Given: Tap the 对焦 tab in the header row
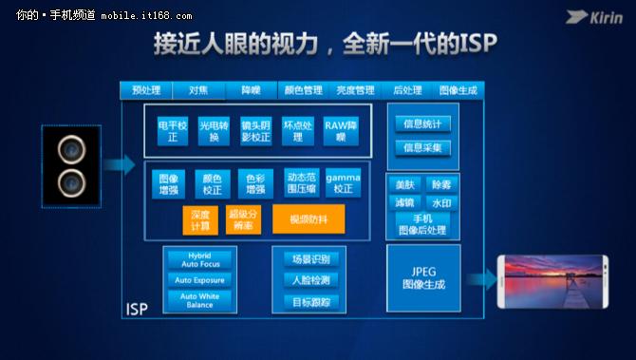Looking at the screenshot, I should click(x=198, y=90).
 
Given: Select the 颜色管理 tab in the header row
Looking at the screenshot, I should click(x=303, y=90).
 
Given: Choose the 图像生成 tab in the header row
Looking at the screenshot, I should click(x=459, y=90).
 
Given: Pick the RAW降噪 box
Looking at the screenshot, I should click(x=341, y=131).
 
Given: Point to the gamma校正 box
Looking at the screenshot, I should click(x=343, y=183).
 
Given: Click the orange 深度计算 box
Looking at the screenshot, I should click(x=199, y=219).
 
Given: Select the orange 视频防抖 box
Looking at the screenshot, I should click(x=309, y=219).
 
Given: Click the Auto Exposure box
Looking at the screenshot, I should click(x=200, y=280).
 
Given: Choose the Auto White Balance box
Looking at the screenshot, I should click(x=200, y=301).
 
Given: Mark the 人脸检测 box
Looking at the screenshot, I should click(x=310, y=280).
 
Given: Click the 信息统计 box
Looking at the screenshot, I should click(x=422, y=123).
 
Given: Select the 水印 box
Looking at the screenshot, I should click(x=441, y=202).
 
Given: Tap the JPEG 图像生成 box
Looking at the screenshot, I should click(x=423, y=277).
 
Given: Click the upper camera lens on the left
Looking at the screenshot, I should click(x=69, y=149).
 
